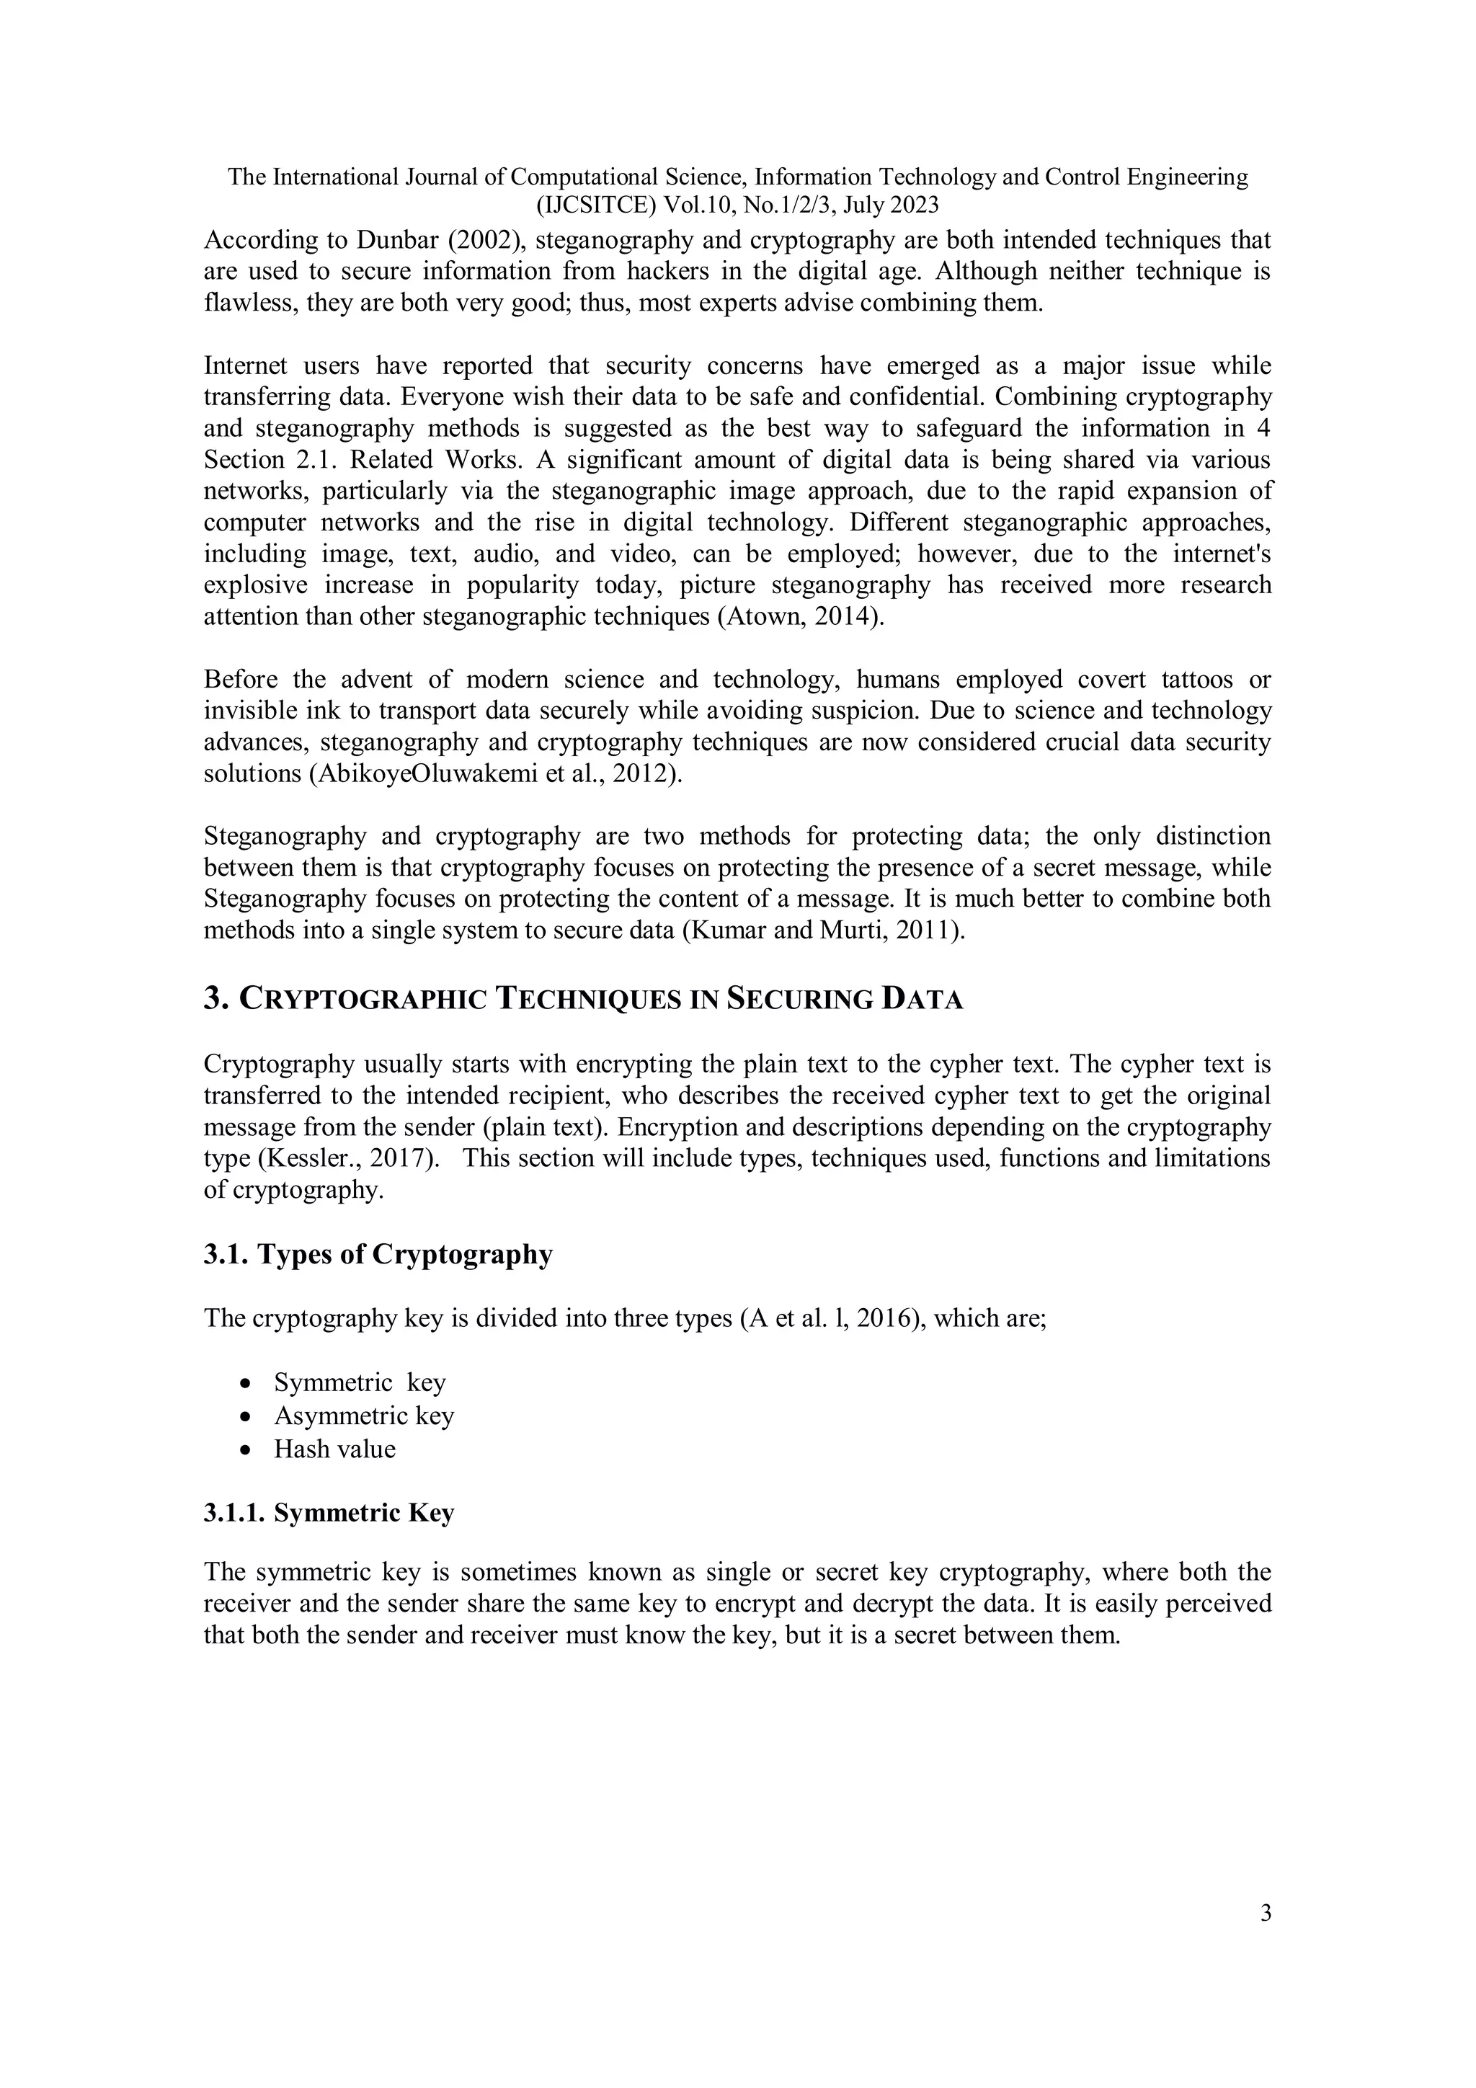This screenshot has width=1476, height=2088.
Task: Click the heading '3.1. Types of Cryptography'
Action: coord(378,1255)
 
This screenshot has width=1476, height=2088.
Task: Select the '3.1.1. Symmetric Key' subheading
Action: coord(329,1512)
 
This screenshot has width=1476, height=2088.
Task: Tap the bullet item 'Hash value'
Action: coord(334,1449)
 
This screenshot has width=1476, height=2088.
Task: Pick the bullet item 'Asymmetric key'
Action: coord(364,1416)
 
